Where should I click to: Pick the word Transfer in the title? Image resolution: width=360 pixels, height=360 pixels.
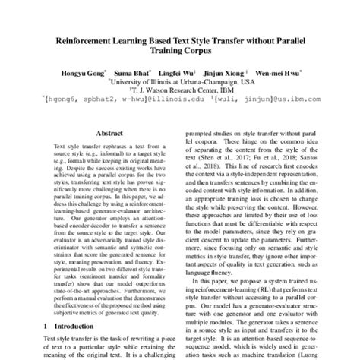[x=228, y=36]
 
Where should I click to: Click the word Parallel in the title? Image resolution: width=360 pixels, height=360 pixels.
[x=295, y=36]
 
